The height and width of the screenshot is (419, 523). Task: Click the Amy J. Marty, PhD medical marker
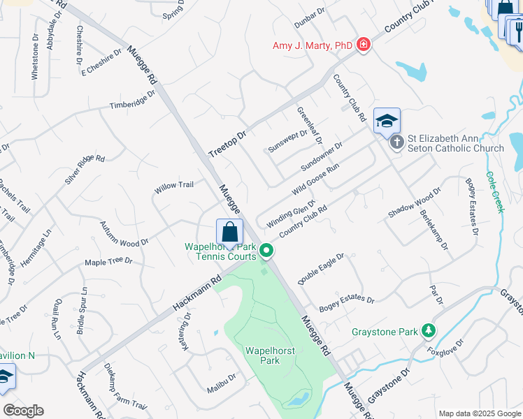363,45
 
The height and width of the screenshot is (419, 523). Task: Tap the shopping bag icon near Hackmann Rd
229,230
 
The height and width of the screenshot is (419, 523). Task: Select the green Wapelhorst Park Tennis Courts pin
266,250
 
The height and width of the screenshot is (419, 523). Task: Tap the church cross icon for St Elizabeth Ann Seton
396,143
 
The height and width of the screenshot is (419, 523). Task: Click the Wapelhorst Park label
261,355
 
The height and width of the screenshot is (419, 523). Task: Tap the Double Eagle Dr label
322,269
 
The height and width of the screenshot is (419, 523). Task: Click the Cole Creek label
495,193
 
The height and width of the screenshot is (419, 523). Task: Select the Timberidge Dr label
131,101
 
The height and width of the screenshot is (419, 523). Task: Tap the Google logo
23,411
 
